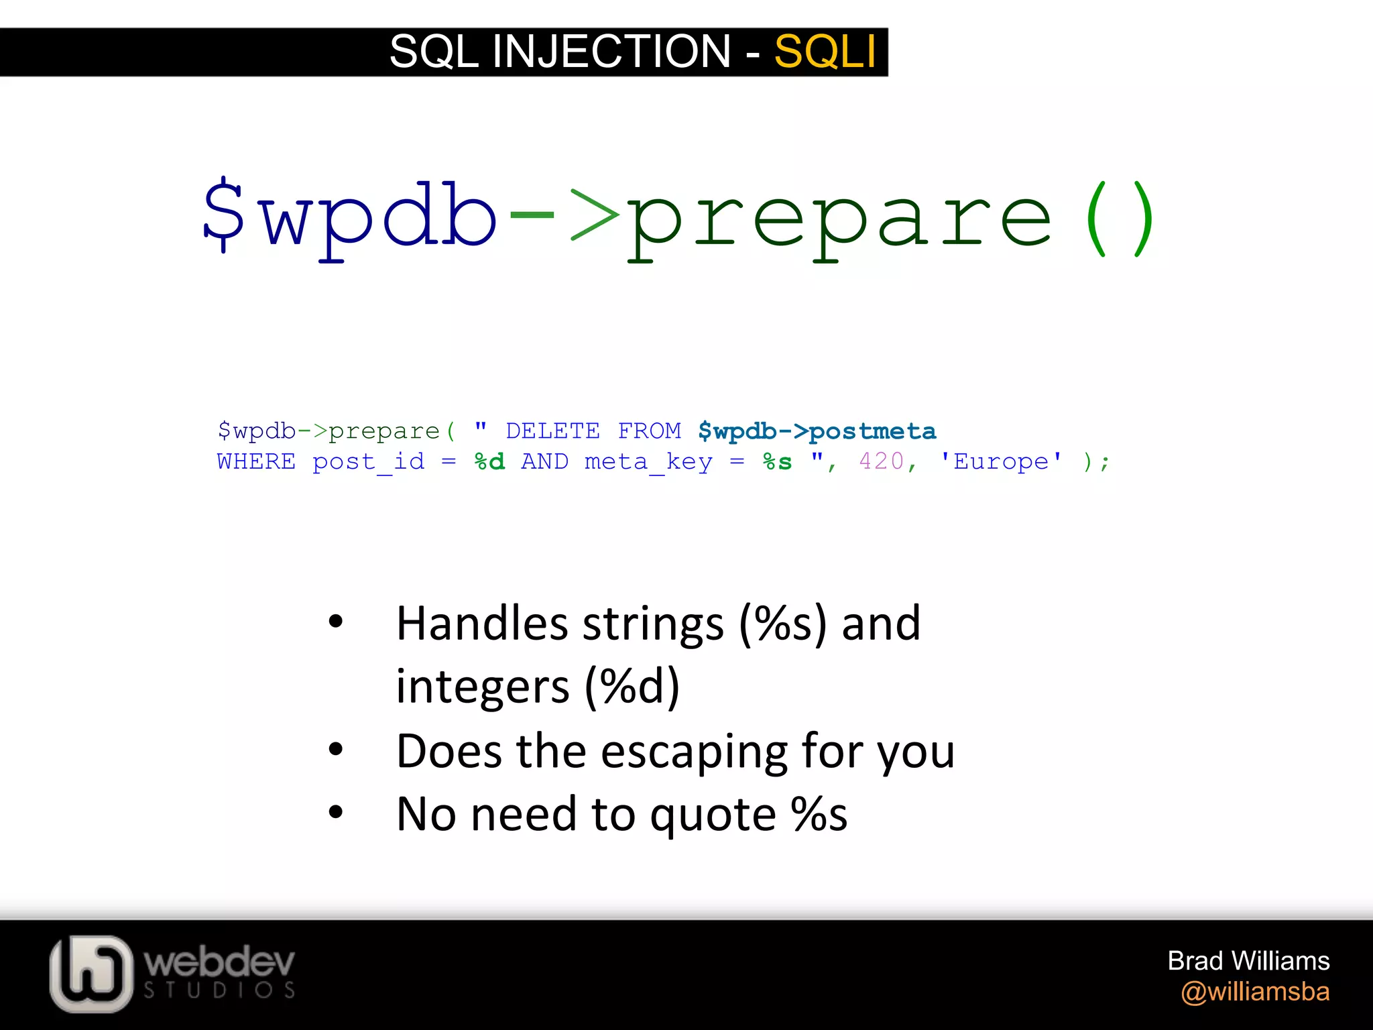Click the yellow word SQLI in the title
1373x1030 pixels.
point(825,52)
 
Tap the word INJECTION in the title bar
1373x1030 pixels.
point(611,52)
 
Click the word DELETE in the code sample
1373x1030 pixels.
point(552,431)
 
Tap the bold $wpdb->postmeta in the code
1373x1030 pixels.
point(817,431)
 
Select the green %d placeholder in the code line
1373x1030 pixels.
point(489,462)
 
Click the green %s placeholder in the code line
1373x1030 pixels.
point(777,462)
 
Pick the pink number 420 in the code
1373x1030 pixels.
point(881,461)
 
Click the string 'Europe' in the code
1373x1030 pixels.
point(1001,461)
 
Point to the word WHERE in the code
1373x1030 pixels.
point(256,462)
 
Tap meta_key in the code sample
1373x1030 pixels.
point(648,462)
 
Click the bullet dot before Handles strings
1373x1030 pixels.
point(336,622)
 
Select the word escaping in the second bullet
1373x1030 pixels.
point(693,751)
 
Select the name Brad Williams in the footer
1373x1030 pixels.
point(1248,961)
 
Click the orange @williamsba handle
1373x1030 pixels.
point(1255,992)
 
